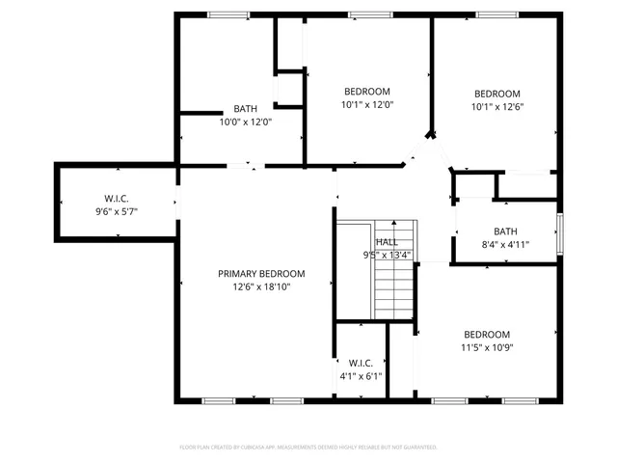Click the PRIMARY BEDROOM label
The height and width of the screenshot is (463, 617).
260,273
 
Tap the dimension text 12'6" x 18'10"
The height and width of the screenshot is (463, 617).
260,286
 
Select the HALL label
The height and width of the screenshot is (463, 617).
387,242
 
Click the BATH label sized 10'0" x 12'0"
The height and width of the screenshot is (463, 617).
245,109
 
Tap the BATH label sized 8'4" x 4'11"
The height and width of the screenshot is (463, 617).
505,231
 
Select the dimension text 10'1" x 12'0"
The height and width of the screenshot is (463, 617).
367,104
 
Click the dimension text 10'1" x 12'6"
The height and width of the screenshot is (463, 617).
496,106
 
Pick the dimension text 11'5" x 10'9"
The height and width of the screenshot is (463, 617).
487,347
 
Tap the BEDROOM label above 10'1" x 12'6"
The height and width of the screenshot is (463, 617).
496,94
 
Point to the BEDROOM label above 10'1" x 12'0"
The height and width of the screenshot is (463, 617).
367,92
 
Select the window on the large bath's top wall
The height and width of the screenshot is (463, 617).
228,14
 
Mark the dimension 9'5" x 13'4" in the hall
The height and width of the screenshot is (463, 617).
387,255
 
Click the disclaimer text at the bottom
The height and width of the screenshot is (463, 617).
308,448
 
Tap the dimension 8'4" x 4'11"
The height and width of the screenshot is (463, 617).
505,244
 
